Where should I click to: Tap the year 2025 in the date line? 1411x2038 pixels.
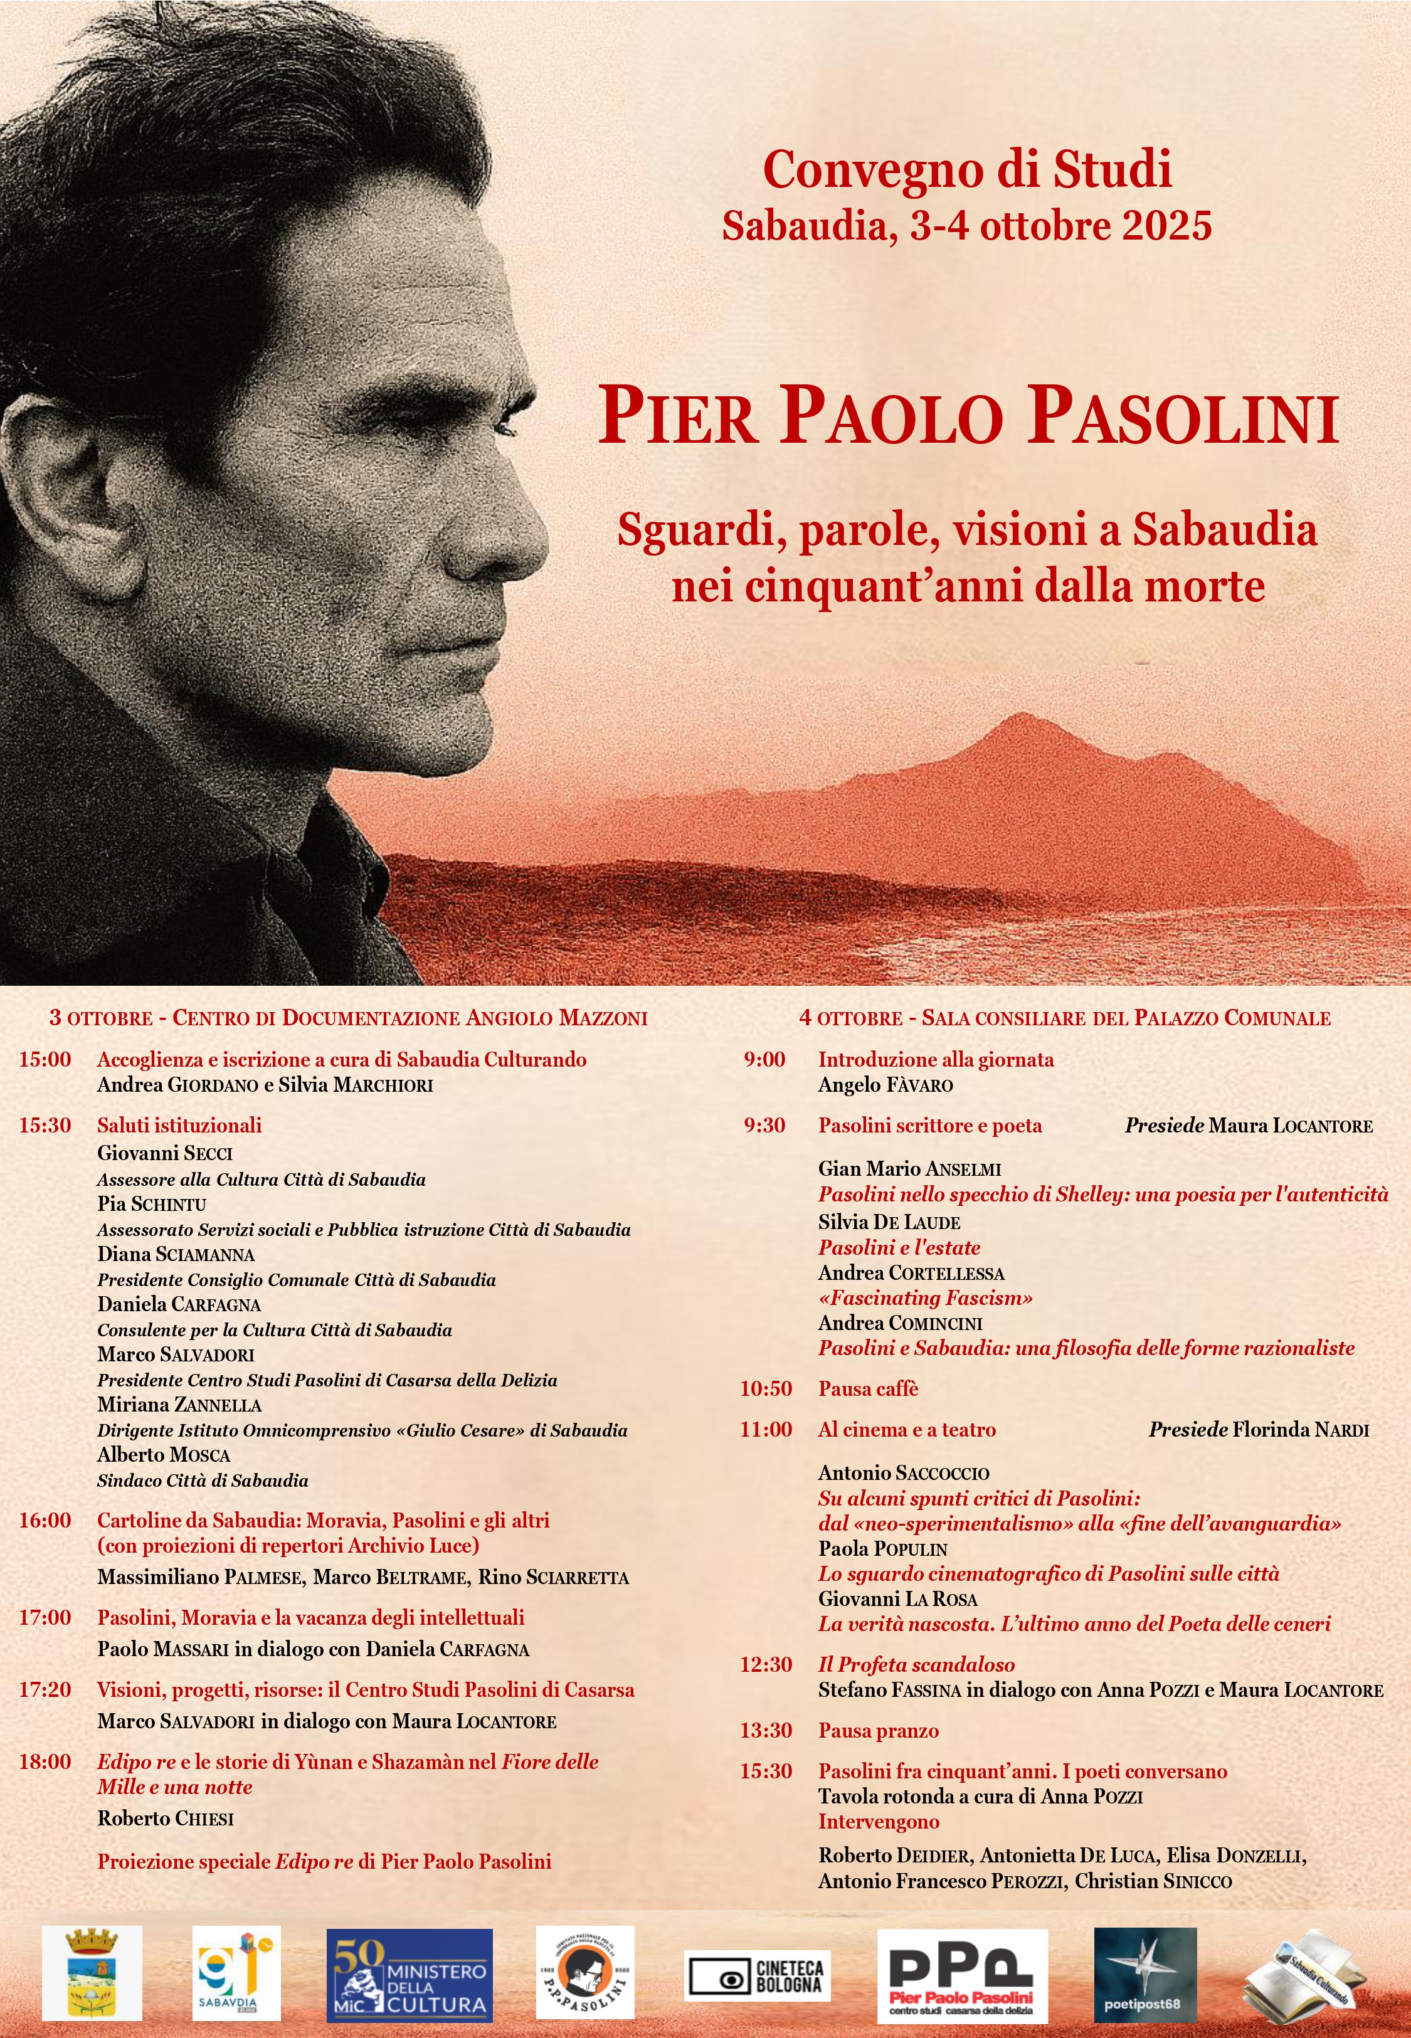[1167, 226]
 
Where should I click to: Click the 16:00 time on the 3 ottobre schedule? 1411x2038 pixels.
[45, 1520]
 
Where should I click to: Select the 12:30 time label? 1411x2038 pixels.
[766, 1664]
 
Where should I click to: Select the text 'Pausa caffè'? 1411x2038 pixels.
[868, 1388]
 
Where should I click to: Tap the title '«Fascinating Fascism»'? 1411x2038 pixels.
[925, 1297]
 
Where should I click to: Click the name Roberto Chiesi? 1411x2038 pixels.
[166, 1818]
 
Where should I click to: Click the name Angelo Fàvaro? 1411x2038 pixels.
[885, 1084]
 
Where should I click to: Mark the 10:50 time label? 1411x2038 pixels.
[766, 1388]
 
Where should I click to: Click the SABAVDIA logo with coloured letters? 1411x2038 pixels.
[236, 1973]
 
